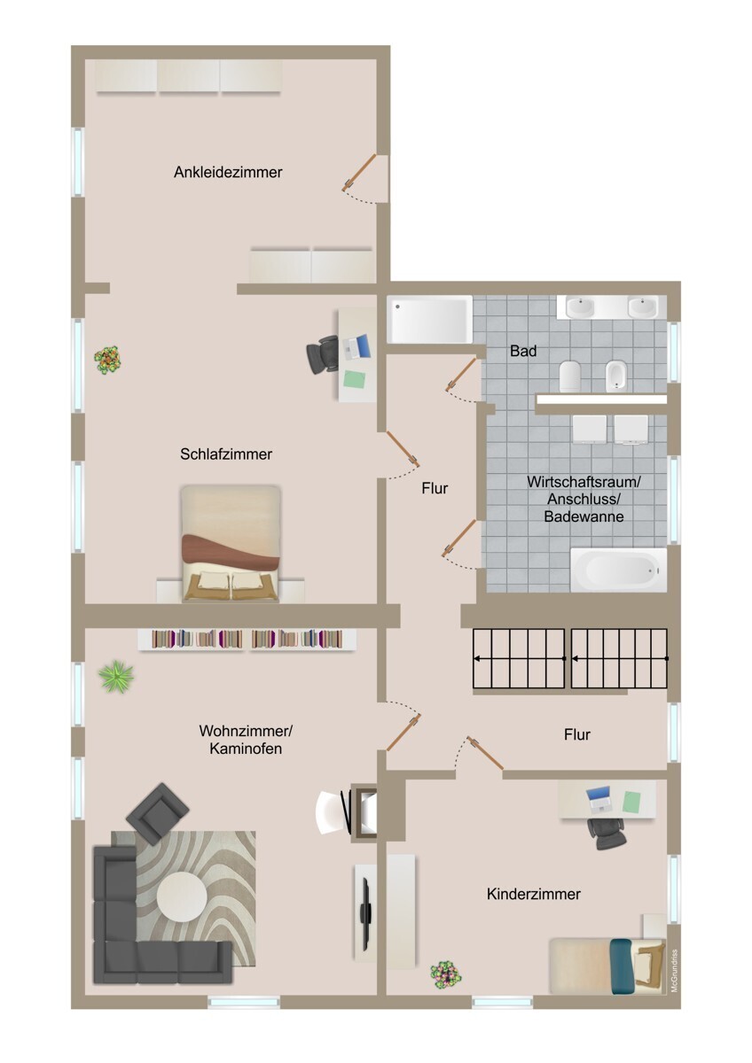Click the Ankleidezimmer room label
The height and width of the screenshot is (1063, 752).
coord(228,173)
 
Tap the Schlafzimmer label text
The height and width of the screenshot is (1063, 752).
coord(225,454)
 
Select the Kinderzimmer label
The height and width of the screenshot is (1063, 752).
coord(533,895)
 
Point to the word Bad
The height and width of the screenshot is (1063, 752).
coord(523,352)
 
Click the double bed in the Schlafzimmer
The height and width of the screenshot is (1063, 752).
coord(231,542)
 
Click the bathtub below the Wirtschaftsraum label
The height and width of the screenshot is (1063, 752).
coord(617,570)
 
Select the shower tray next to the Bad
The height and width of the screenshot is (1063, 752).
coord(429,320)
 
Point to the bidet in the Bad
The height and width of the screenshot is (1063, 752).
coord(617,376)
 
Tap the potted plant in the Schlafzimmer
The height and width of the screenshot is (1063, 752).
coord(108,360)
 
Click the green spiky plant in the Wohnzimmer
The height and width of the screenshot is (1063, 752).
coord(116,678)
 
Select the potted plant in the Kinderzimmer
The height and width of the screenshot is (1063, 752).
coord(445,974)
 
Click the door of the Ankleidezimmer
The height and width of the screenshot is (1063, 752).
coord(364,173)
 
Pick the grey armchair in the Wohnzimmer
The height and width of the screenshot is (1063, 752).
coord(158,811)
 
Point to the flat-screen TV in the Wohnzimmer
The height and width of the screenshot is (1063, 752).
coord(364,912)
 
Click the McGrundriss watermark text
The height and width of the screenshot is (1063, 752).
coord(674,971)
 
